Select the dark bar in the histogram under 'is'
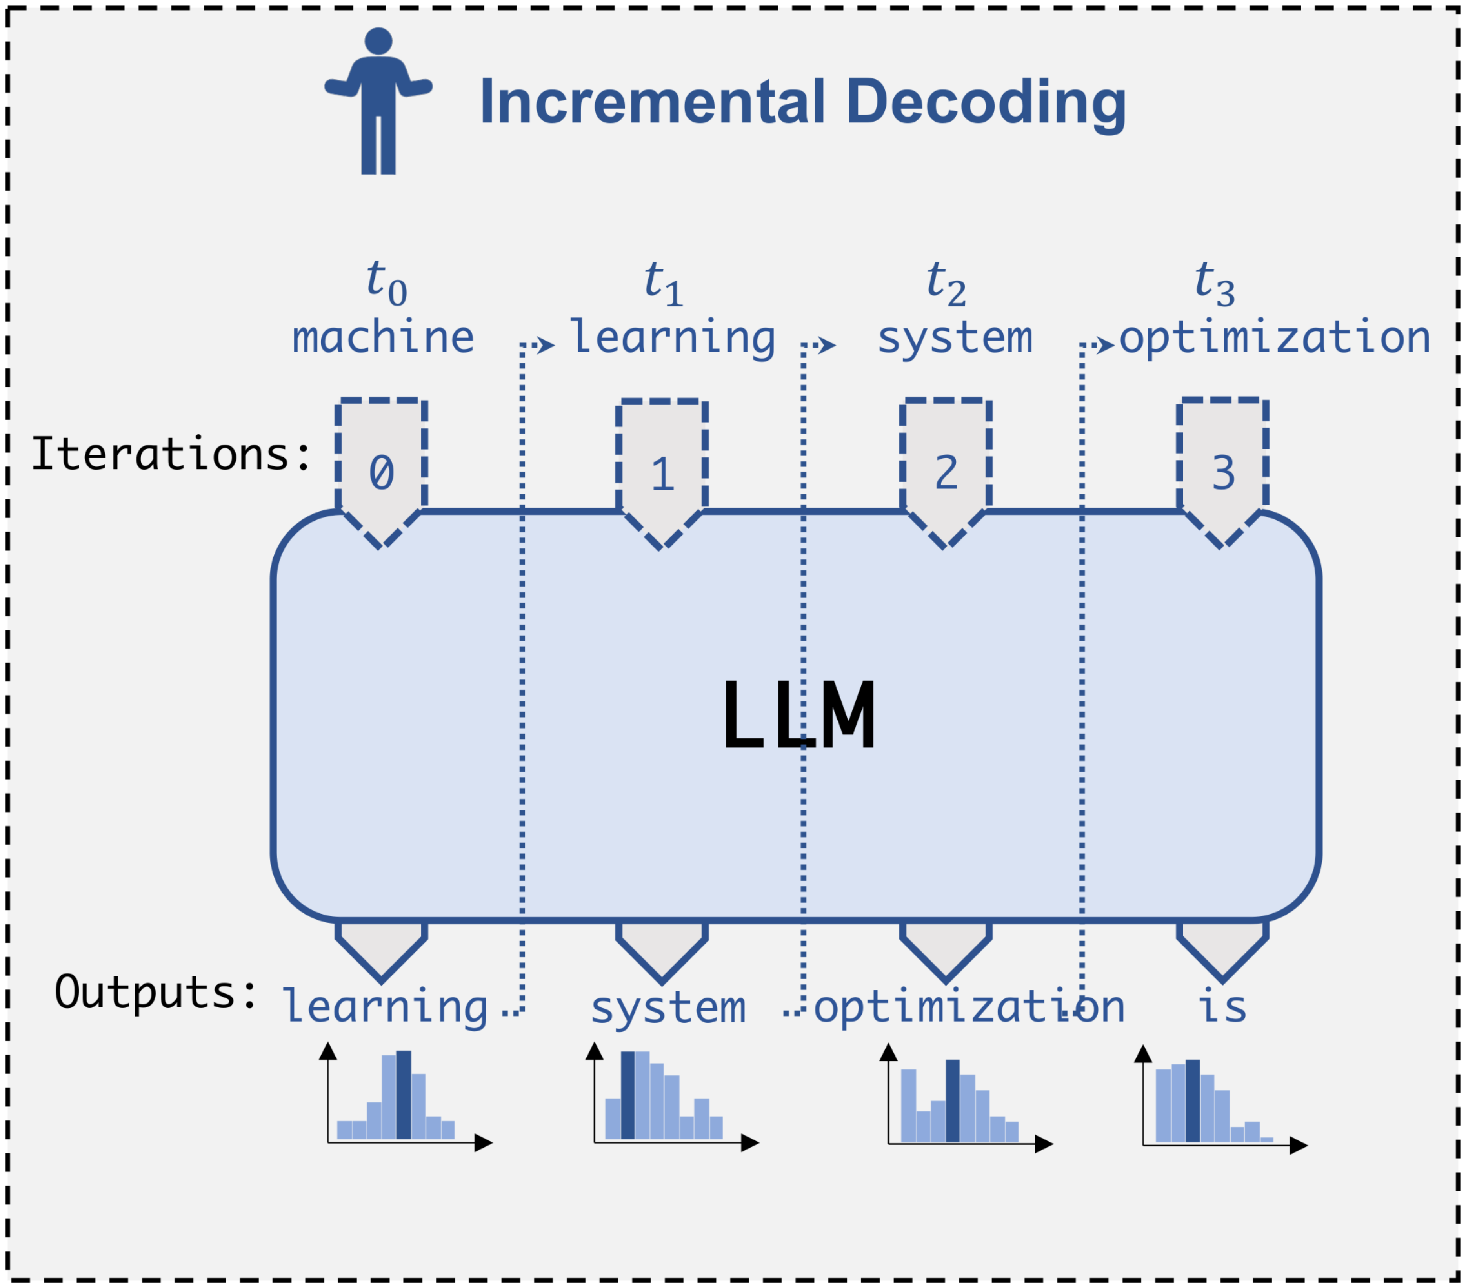[1193, 1101]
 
